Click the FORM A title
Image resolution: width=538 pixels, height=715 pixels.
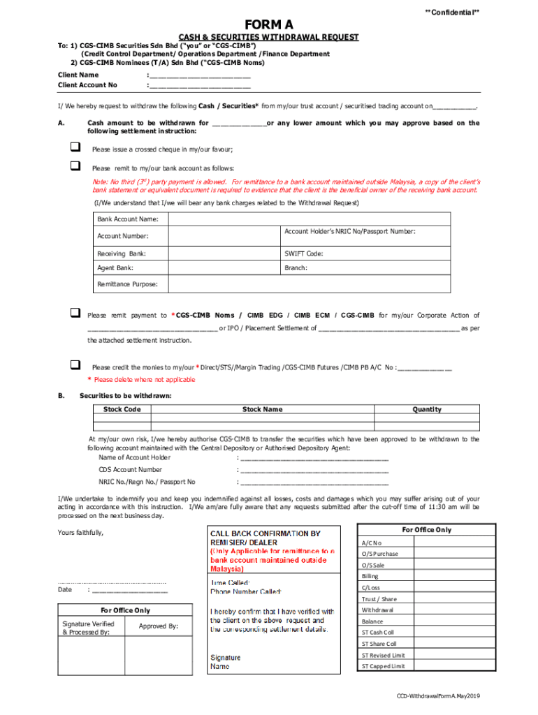click(x=268, y=26)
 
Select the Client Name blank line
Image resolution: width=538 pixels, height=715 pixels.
click(x=200, y=75)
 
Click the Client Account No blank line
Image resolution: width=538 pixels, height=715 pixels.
click(x=200, y=86)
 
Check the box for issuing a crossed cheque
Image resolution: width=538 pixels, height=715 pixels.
click(x=75, y=147)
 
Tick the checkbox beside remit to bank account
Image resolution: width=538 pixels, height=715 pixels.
click(x=75, y=166)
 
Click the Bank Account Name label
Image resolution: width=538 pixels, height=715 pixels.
click(x=128, y=219)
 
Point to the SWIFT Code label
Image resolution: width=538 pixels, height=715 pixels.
click(x=304, y=253)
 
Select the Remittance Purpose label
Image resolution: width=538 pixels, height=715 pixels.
click(x=127, y=284)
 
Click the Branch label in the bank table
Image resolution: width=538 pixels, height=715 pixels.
click(x=296, y=267)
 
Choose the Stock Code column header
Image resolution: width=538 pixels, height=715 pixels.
click(x=122, y=409)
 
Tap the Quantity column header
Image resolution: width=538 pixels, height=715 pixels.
click(x=426, y=409)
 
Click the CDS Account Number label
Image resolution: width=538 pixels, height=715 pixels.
click(x=130, y=470)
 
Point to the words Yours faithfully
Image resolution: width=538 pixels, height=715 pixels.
click(x=80, y=533)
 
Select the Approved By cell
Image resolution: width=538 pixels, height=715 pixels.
click(x=158, y=626)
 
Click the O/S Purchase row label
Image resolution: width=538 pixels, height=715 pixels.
click(x=380, y=554)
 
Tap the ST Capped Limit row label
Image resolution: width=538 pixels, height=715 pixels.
click(x=383, y=666)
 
